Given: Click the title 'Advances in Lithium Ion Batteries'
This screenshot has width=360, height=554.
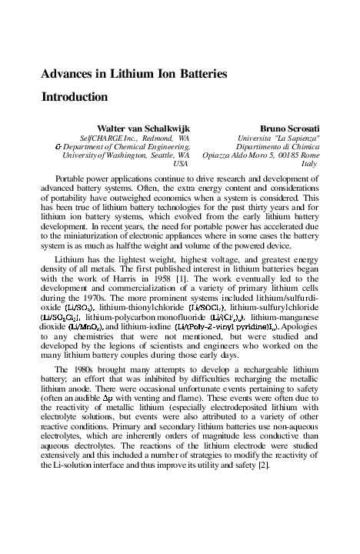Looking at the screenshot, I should pos(134,75).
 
